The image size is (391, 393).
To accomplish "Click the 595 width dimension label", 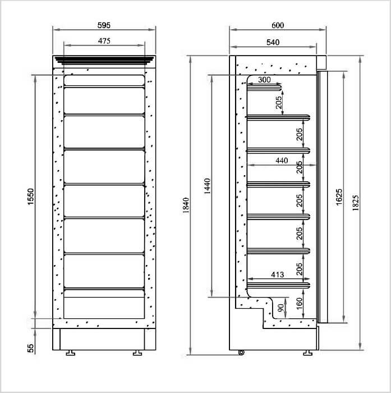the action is click(104, 25).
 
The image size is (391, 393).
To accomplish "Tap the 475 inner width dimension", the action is click(104, 41).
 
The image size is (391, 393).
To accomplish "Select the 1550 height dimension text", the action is click(30, 196).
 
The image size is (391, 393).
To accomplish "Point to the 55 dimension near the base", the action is click(30, 349).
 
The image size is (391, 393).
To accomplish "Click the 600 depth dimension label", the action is click(278, 25).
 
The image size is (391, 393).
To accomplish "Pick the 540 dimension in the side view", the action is click(273, 42).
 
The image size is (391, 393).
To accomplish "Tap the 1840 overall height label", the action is click(186, 205).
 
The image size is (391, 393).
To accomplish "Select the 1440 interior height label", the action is click(208, 186).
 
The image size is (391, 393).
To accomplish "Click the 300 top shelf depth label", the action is click(264, 80).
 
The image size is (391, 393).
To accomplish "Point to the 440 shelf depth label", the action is click(282, 161).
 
